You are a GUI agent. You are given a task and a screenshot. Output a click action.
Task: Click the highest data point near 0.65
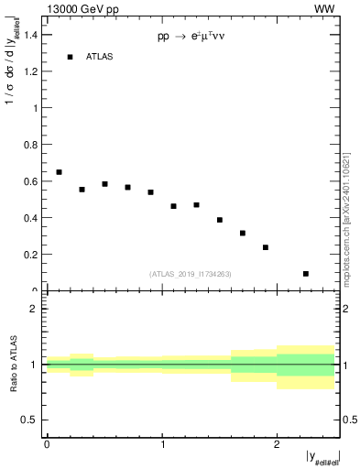click(x=59, y=172)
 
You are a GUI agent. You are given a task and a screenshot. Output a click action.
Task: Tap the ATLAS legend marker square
click(x=70, y=57)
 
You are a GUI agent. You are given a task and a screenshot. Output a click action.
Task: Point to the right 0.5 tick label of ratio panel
click(x=349, y=420)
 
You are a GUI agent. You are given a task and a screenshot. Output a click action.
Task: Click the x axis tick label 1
click(x=162, y=444)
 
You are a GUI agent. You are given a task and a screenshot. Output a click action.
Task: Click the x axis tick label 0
click(x=47, y=444)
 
